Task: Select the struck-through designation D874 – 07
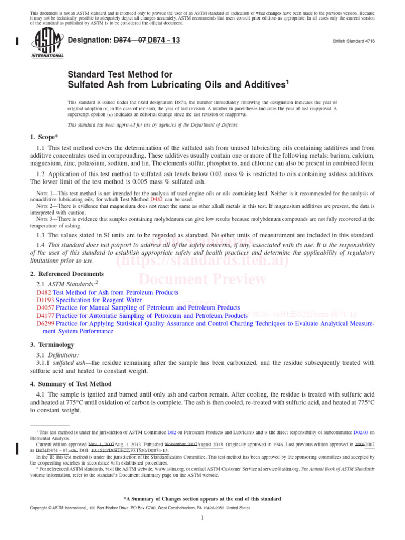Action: [x=130, y=40]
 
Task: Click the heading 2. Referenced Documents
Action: [x=67, y=274]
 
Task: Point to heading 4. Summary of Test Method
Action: [x=71, y=383]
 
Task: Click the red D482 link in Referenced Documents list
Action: [x=44, y=292]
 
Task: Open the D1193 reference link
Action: [x=45, y=300]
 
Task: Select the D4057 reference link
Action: [x=45, y=308]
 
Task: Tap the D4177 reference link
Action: [x=45, y=316]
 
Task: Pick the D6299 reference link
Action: [x=45, y=324]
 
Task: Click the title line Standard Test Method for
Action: [x=120, y=74]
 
